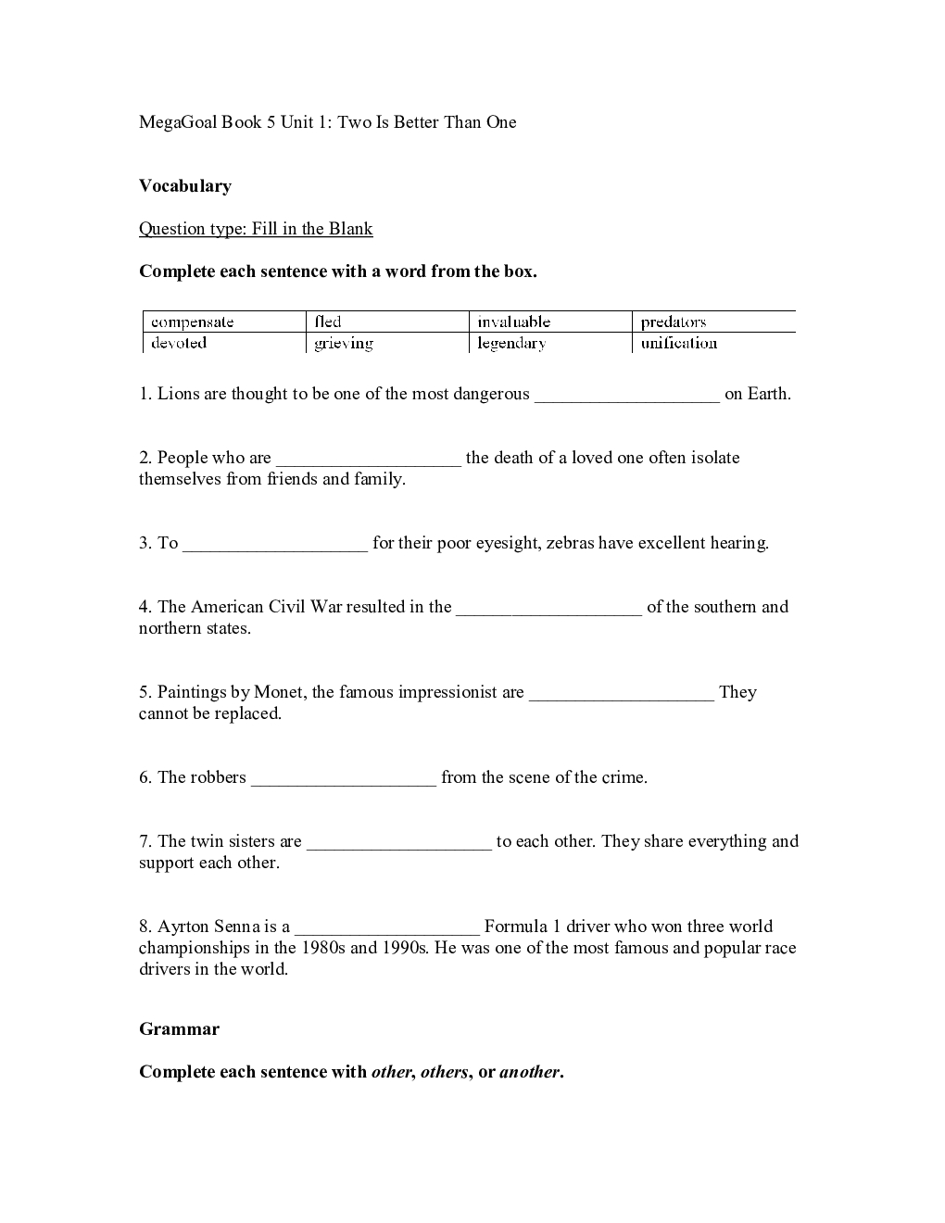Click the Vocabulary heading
pos(185,186)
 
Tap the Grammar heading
pos(180,1029)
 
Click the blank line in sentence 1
pos(627,397)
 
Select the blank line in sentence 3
pos(275,547)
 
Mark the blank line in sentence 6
pos(344,781)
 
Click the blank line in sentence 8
pos(387,930)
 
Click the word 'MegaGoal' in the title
pos(178,122)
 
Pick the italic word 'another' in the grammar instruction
pos(529,1072)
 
